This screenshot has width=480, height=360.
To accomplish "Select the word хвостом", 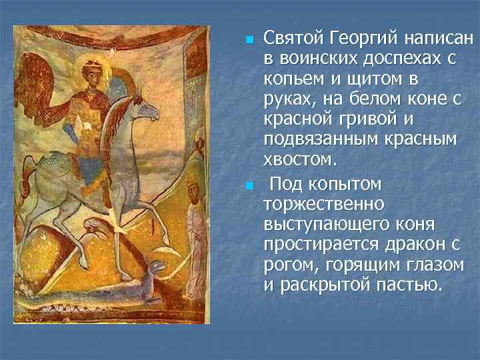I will tap(300, 161).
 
